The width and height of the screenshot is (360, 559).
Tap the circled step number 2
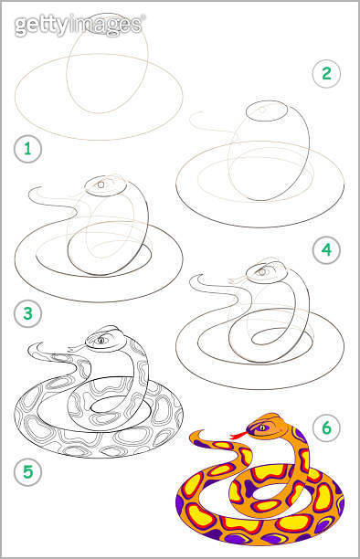(325, 73)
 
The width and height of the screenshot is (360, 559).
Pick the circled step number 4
(325, 248)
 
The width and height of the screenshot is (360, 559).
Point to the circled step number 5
(27, 472)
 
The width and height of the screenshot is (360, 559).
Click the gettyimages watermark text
(79, 26)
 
